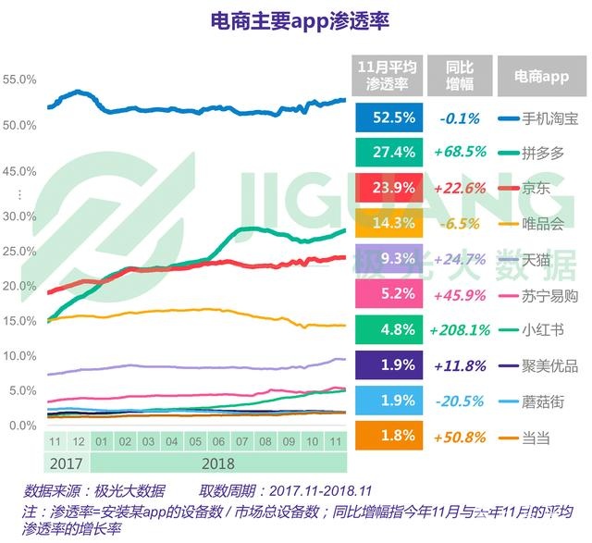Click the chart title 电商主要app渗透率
pos(296,21)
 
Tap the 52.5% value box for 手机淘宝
pos(382,118)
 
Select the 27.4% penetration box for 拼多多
pos(382,153)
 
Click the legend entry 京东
pos(536,188)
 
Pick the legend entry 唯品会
pos(543,223)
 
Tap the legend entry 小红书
pos(543,329)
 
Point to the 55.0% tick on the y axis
pos(20,80)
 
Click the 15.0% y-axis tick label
pos(20,320)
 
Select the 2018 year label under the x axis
pos(217,461)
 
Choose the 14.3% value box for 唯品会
pos(382,223)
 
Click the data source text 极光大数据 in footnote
pos(133,490)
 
